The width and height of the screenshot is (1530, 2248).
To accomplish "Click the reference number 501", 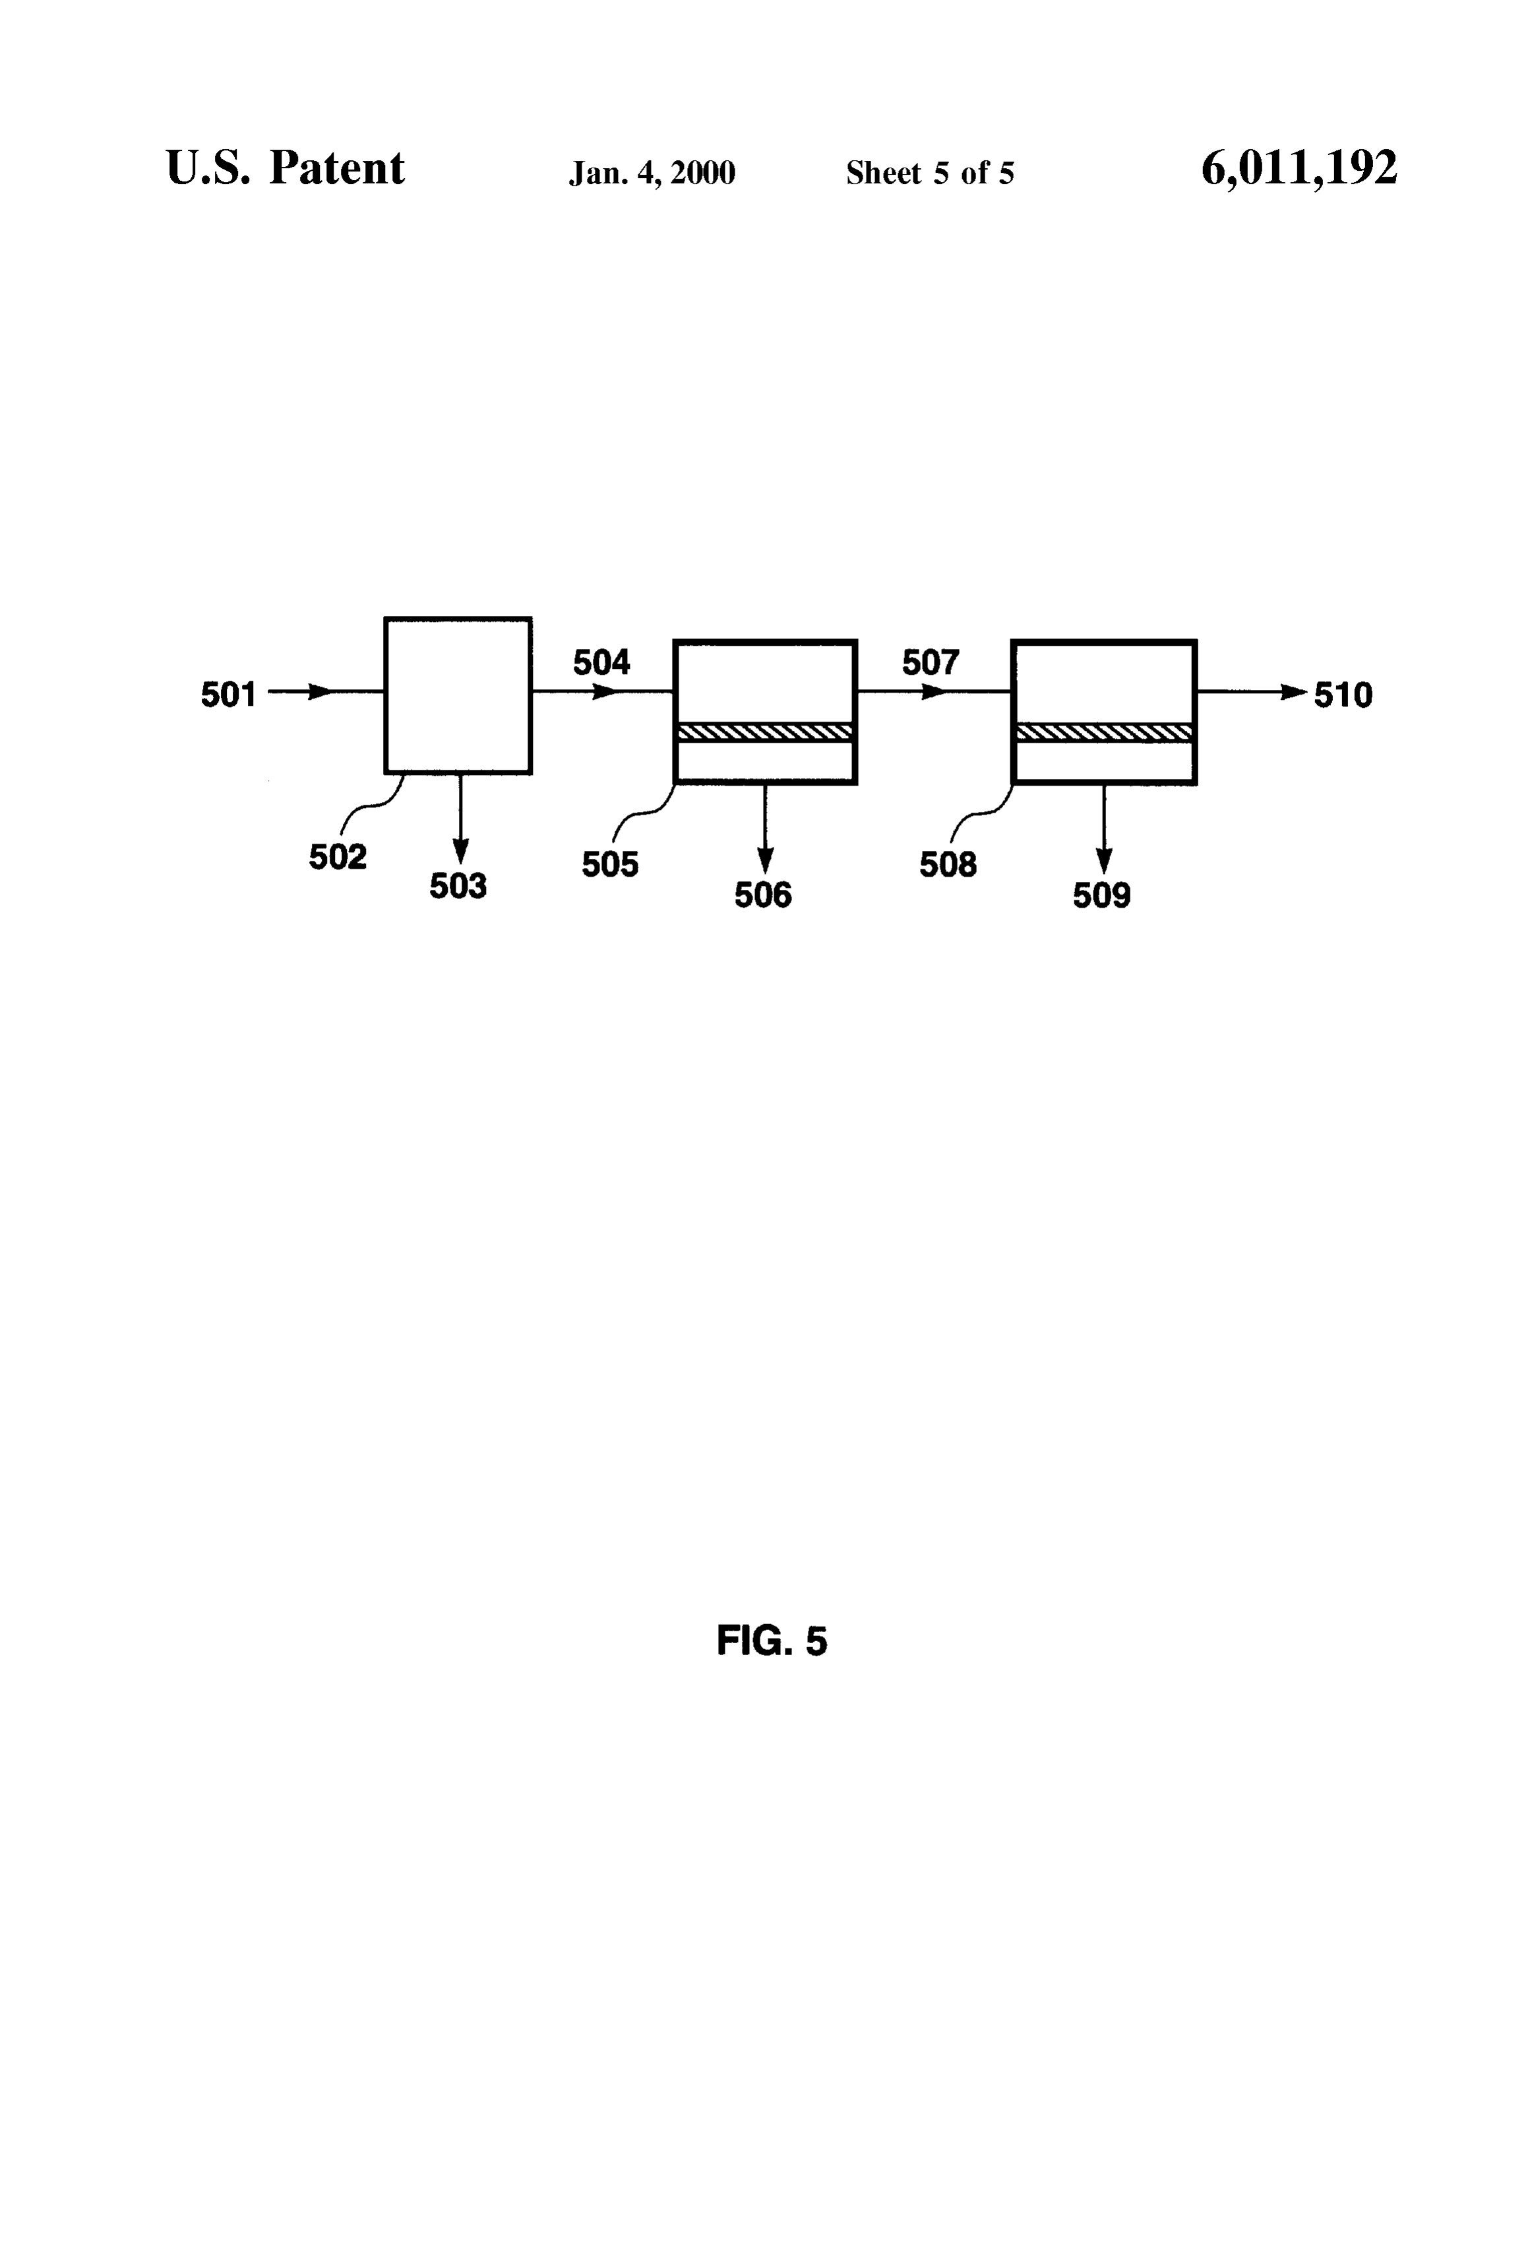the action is [228, 695].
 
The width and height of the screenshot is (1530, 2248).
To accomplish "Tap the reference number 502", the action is [338, 857].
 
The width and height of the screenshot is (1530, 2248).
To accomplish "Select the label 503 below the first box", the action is [458, 886].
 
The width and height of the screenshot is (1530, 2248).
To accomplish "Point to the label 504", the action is [601, 663].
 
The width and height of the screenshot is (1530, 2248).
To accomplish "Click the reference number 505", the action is [610, 865].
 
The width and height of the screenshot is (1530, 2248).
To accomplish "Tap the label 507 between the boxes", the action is [931, 663].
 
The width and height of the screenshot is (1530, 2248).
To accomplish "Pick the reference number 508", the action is [948, 865].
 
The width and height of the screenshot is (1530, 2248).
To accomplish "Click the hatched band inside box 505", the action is [765, 732].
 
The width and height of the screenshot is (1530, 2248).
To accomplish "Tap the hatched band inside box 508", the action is [1103, 732].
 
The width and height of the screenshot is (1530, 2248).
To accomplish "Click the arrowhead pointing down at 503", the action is [462, 851].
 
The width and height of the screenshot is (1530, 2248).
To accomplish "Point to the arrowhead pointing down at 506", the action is [765, 861].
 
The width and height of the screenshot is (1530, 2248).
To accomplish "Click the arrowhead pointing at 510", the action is [1294, 692].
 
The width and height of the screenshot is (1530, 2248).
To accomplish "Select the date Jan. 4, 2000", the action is [652, 173].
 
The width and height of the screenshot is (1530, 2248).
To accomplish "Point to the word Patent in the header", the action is [336, 168].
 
